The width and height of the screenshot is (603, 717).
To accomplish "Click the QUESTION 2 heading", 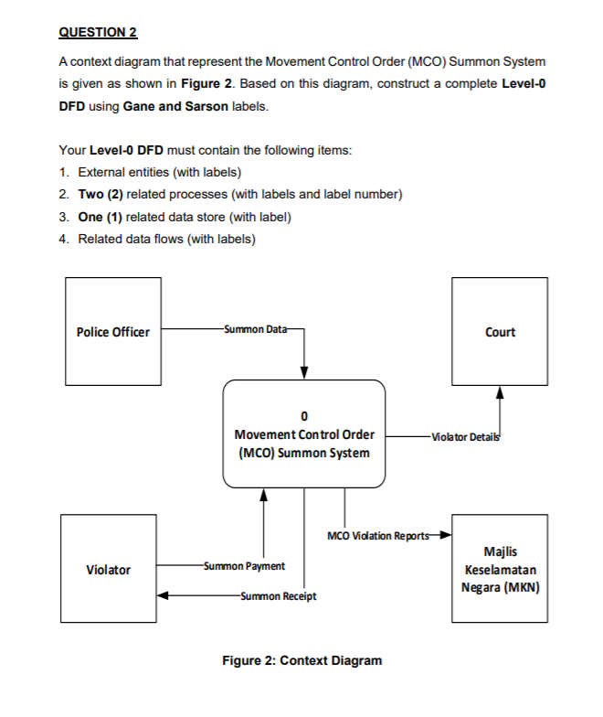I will click(98, 33).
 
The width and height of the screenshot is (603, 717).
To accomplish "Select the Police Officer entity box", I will click(113, 331).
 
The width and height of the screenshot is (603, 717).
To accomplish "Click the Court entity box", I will click(500, 331).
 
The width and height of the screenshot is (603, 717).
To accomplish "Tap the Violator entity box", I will click(108, 570).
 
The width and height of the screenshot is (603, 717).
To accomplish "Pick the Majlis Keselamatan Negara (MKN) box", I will click(500, 569).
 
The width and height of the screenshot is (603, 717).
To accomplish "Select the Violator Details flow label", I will click(467, 437).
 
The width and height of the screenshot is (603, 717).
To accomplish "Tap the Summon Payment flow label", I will click(245, 567).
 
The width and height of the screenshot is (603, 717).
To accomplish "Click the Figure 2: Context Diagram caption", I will click(302, 660).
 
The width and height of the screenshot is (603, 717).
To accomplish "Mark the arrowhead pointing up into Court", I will click(500, 391).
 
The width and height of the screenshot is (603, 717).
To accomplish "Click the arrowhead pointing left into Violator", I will click(162, 596).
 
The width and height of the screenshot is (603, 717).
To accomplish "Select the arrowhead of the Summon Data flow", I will click(304, 372).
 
